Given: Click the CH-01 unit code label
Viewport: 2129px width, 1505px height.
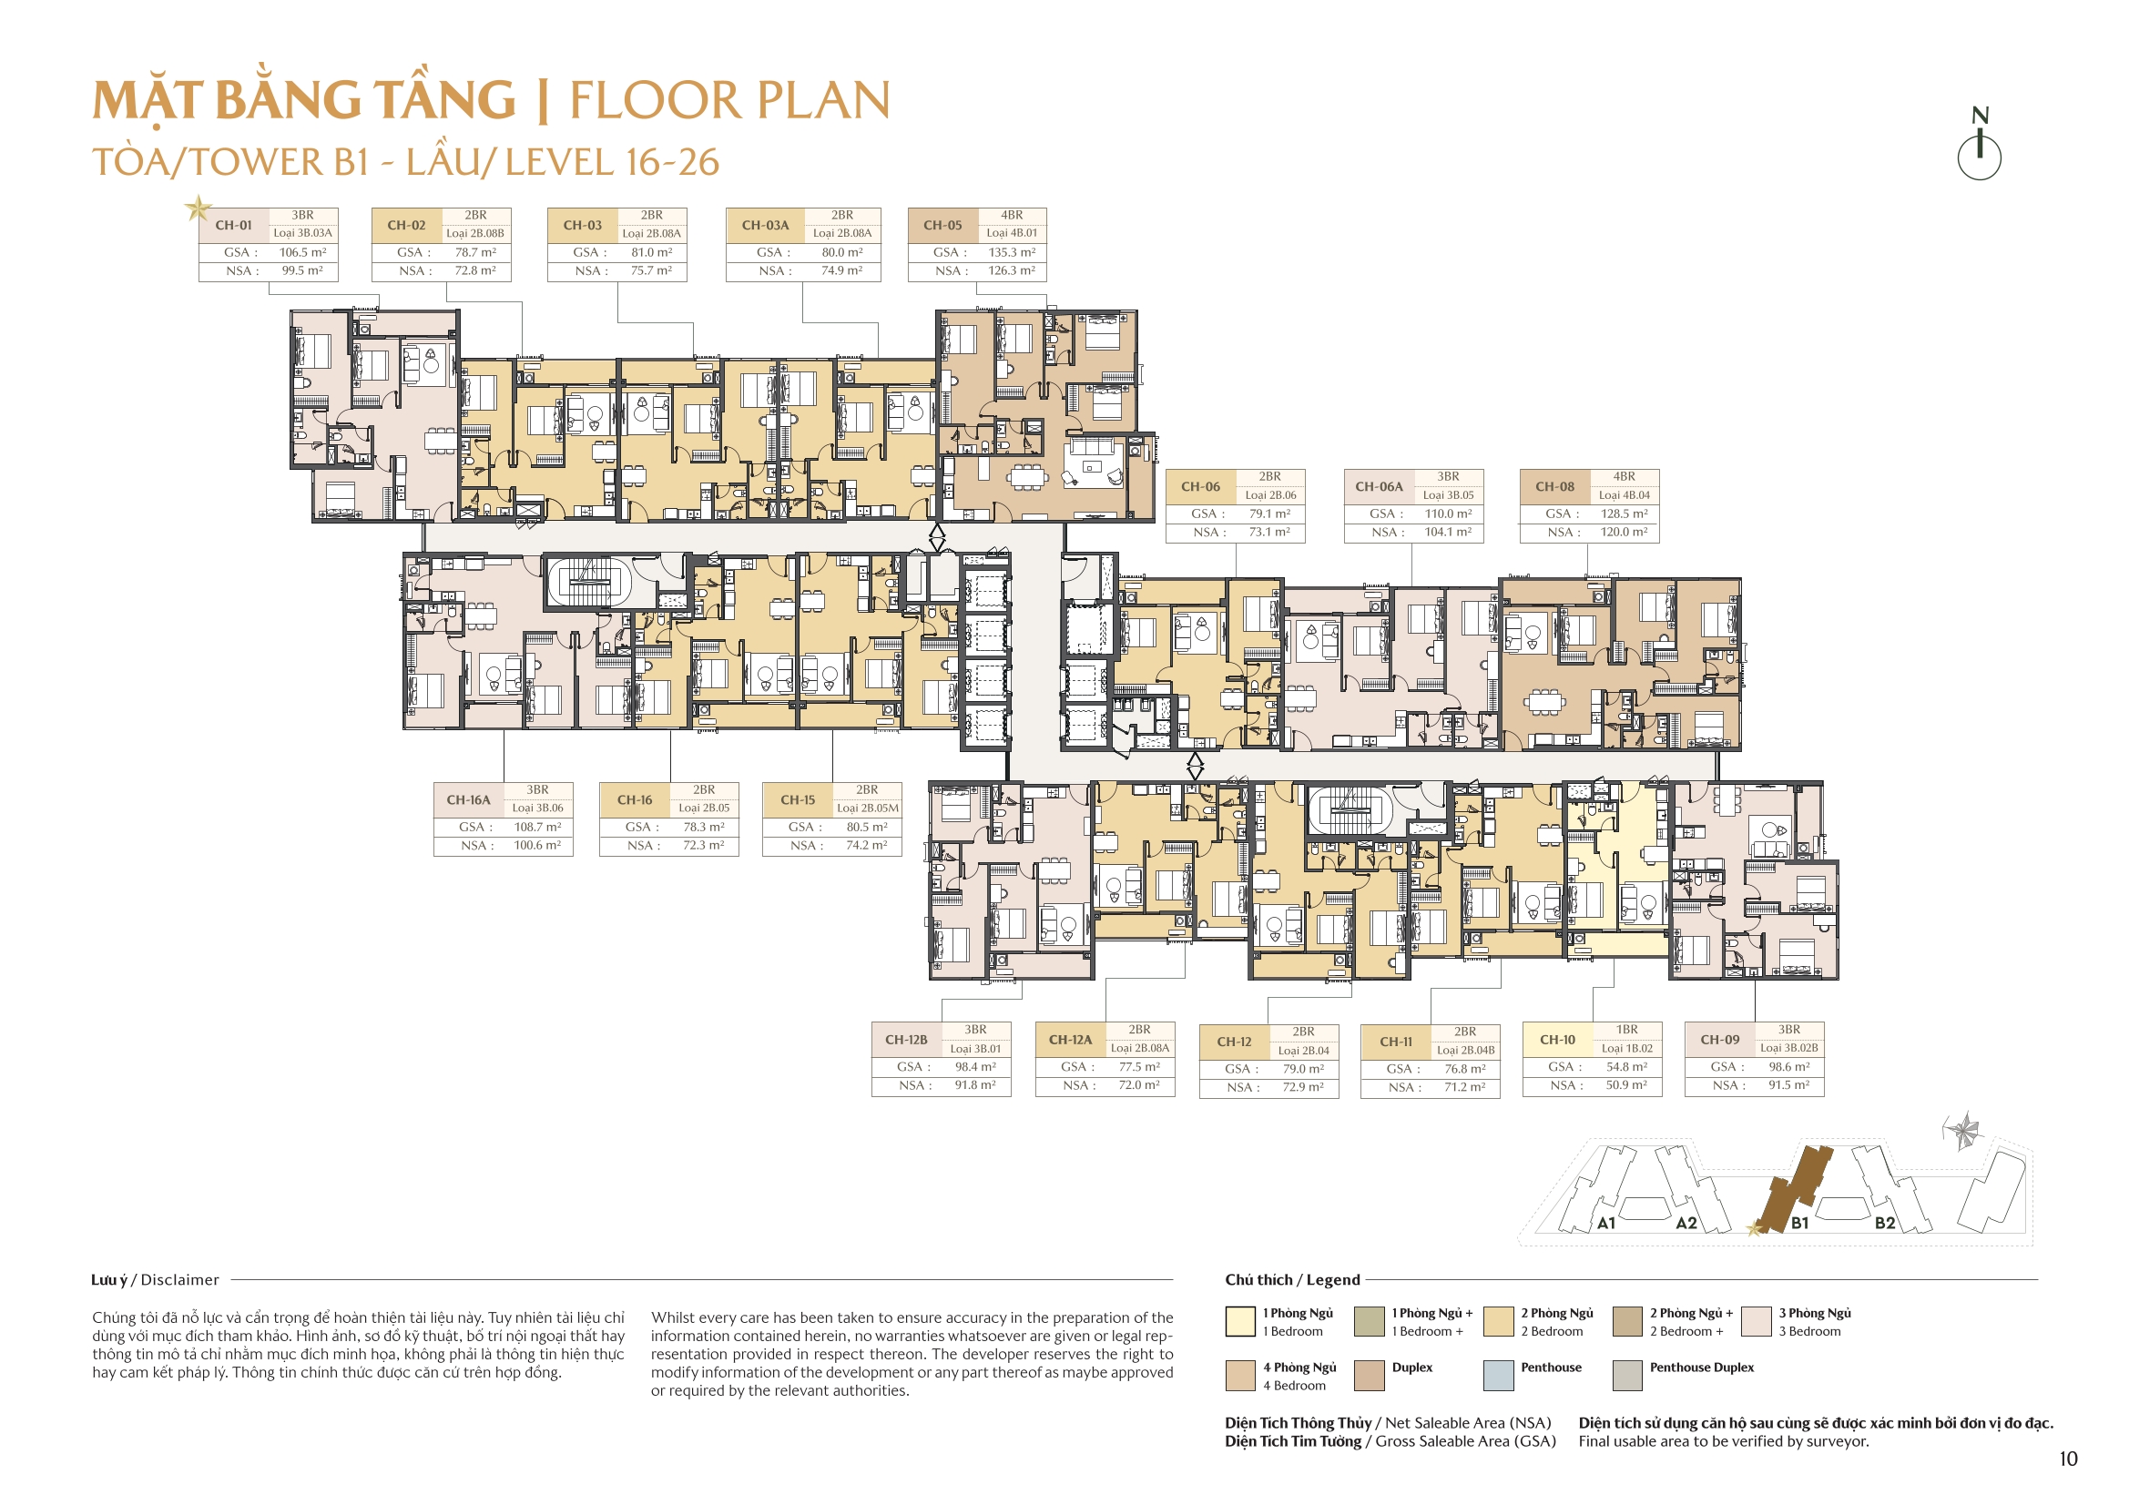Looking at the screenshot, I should point(233,225).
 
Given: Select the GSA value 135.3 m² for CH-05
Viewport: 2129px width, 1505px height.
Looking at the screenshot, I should point(1012,252).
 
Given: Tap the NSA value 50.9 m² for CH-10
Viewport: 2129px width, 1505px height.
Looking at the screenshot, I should point(1626,1085).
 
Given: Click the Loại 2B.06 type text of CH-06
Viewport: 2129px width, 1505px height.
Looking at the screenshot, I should point(1270,495).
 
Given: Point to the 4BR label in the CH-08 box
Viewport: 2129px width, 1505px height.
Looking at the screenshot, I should point(1624,477).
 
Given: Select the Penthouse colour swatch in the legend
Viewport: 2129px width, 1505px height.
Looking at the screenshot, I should point(1498,1375).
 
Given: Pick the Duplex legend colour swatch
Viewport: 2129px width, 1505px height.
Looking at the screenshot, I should point(1369,1375).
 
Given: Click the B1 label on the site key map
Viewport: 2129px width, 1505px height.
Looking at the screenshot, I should point(1798,1223).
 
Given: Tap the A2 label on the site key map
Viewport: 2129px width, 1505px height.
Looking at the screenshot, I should point(1686,1223).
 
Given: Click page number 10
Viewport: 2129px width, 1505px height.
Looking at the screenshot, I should point(2068,1459).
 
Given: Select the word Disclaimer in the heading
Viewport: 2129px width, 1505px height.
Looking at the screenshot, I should point(180,1280).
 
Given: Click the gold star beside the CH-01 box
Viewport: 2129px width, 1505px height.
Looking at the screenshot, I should point(198,208).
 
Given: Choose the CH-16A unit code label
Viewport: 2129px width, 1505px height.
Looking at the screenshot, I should point(468,800).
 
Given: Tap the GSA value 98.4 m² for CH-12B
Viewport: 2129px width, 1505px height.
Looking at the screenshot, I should point(975,1067).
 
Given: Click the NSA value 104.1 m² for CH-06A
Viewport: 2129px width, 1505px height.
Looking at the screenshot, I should point(1448,533).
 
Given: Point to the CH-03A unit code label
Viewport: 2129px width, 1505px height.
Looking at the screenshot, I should point(765,225).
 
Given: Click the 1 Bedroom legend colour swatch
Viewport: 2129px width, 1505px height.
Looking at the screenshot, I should point(1239,1321).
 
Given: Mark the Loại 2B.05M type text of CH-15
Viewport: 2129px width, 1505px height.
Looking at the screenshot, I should point(867,808).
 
